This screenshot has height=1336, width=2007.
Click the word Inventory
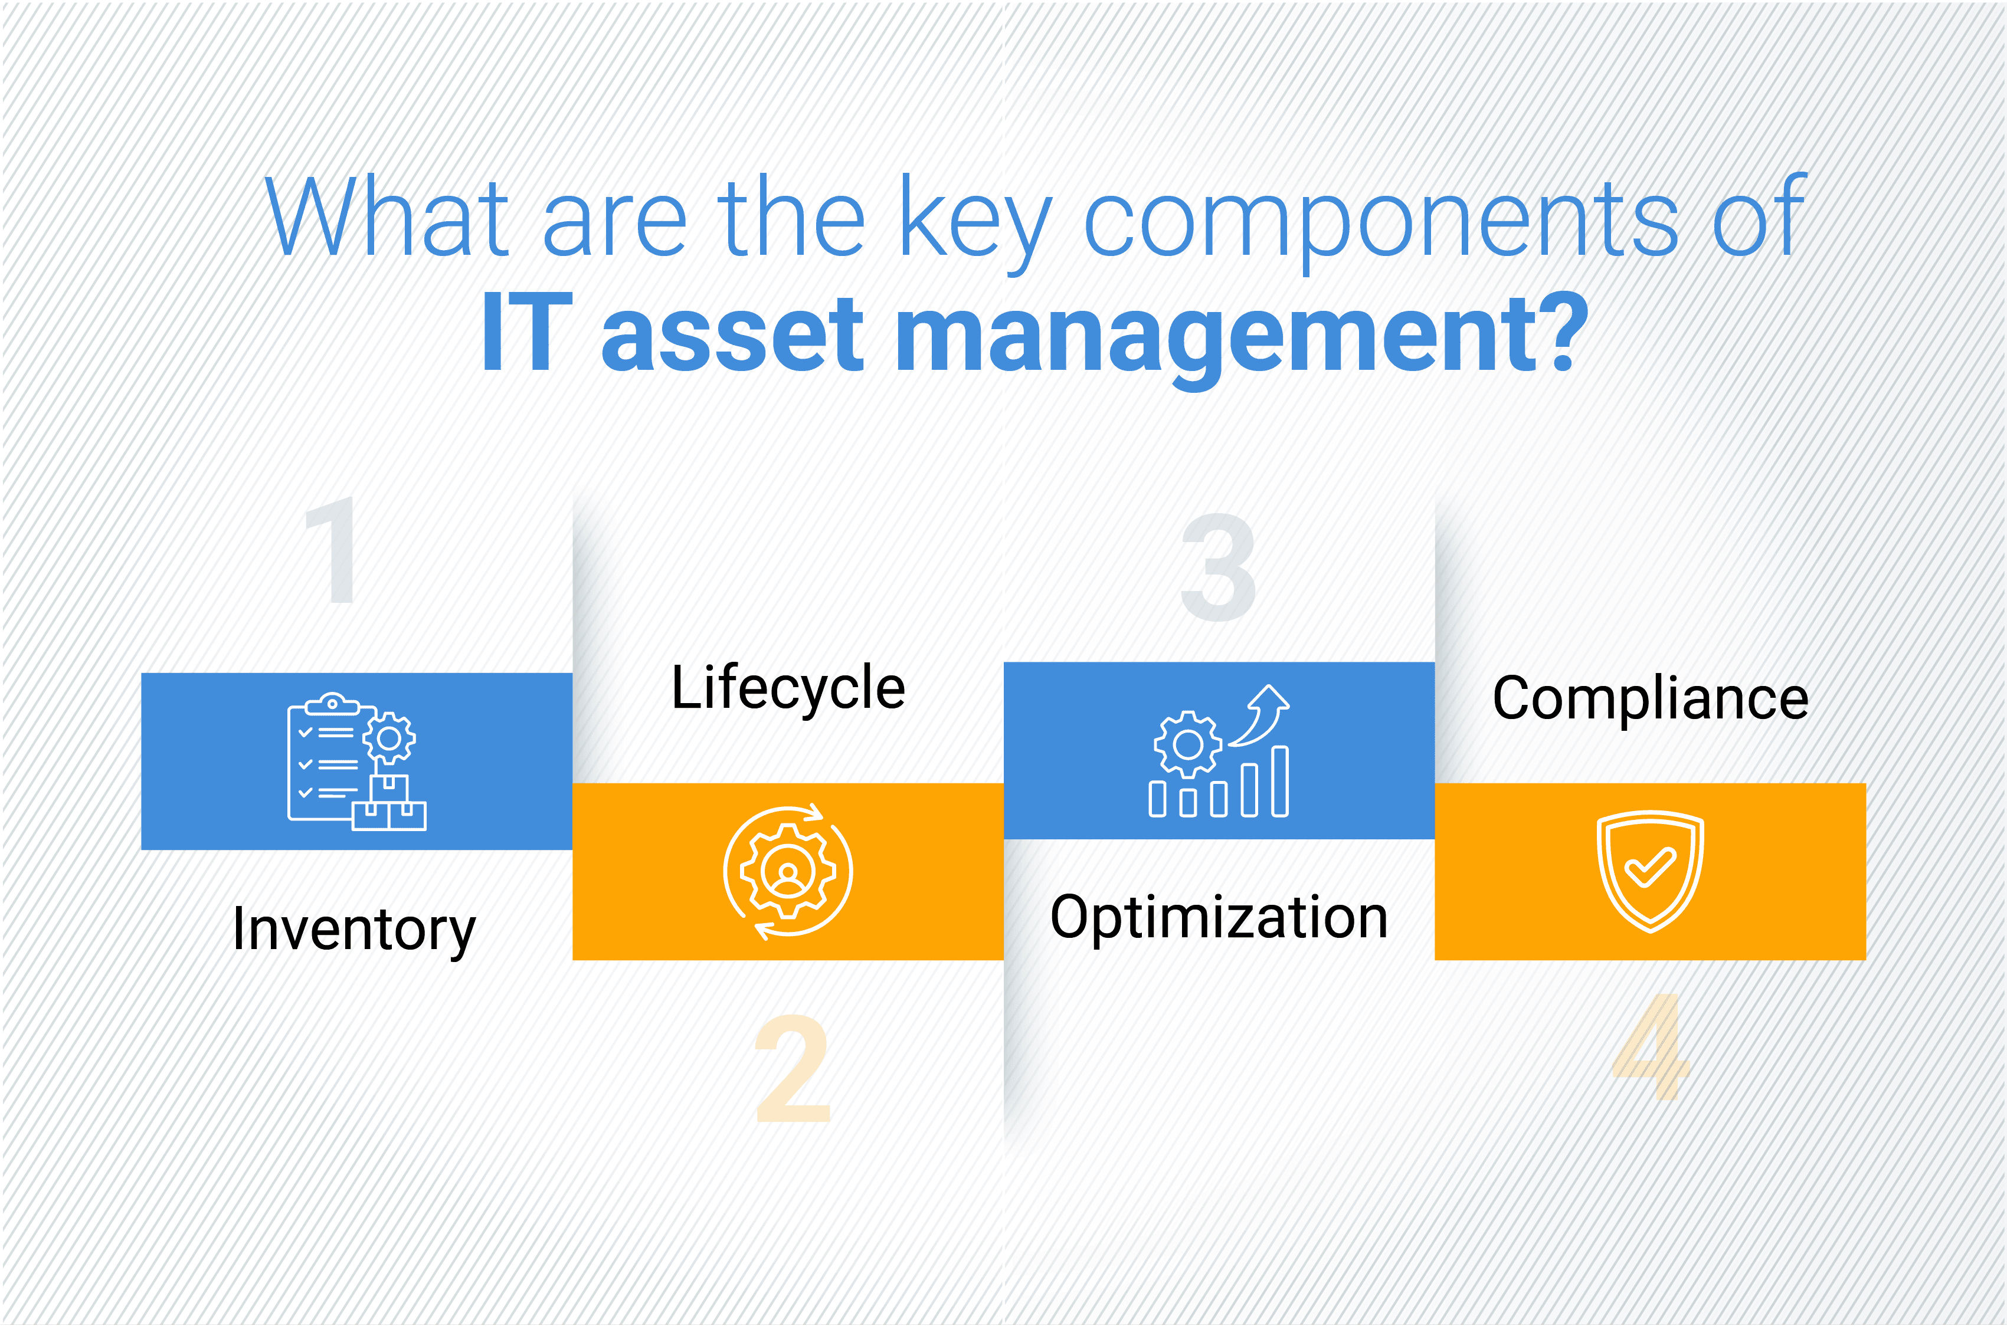[x=353, y=930]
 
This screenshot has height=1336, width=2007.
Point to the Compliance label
[x=1650, y=698]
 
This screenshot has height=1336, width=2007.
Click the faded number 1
[x=332, y=550]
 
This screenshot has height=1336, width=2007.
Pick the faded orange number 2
[x=793, y=1068]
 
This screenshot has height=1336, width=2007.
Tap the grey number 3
[x=1218, y=567]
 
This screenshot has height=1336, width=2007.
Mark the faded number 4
[x=1651, y=1046]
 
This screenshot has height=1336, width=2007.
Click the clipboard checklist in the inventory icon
[x=328, y=759]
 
